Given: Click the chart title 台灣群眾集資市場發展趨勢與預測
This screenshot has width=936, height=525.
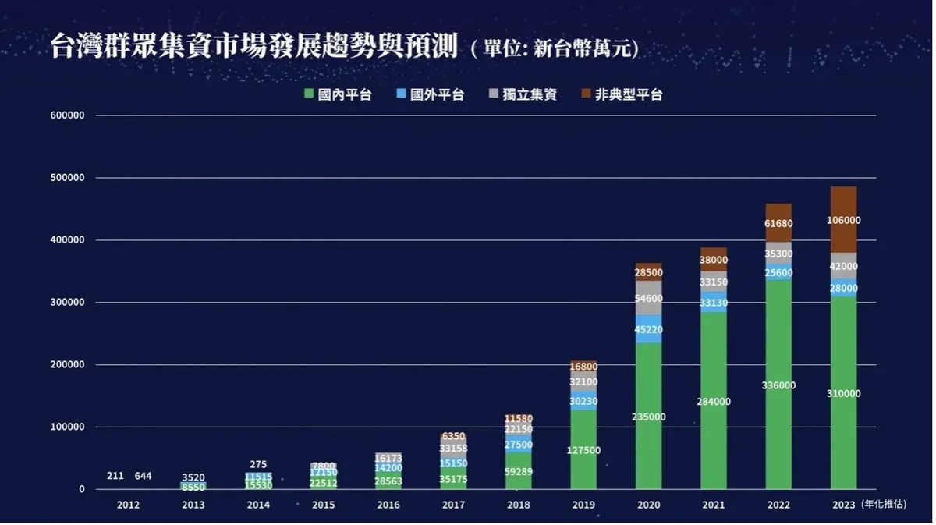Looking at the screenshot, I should (253, 46).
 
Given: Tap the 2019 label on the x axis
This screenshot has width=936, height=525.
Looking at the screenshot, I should (583, 505).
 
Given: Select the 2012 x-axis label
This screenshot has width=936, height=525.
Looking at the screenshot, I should (128, 505).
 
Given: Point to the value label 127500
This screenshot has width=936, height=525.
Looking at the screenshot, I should (583, 450).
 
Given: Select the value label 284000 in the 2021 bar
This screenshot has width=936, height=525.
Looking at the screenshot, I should (713, 402).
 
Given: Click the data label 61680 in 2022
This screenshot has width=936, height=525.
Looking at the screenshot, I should (778, 225).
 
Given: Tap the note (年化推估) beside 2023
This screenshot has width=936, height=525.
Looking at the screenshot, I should (886, 505).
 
